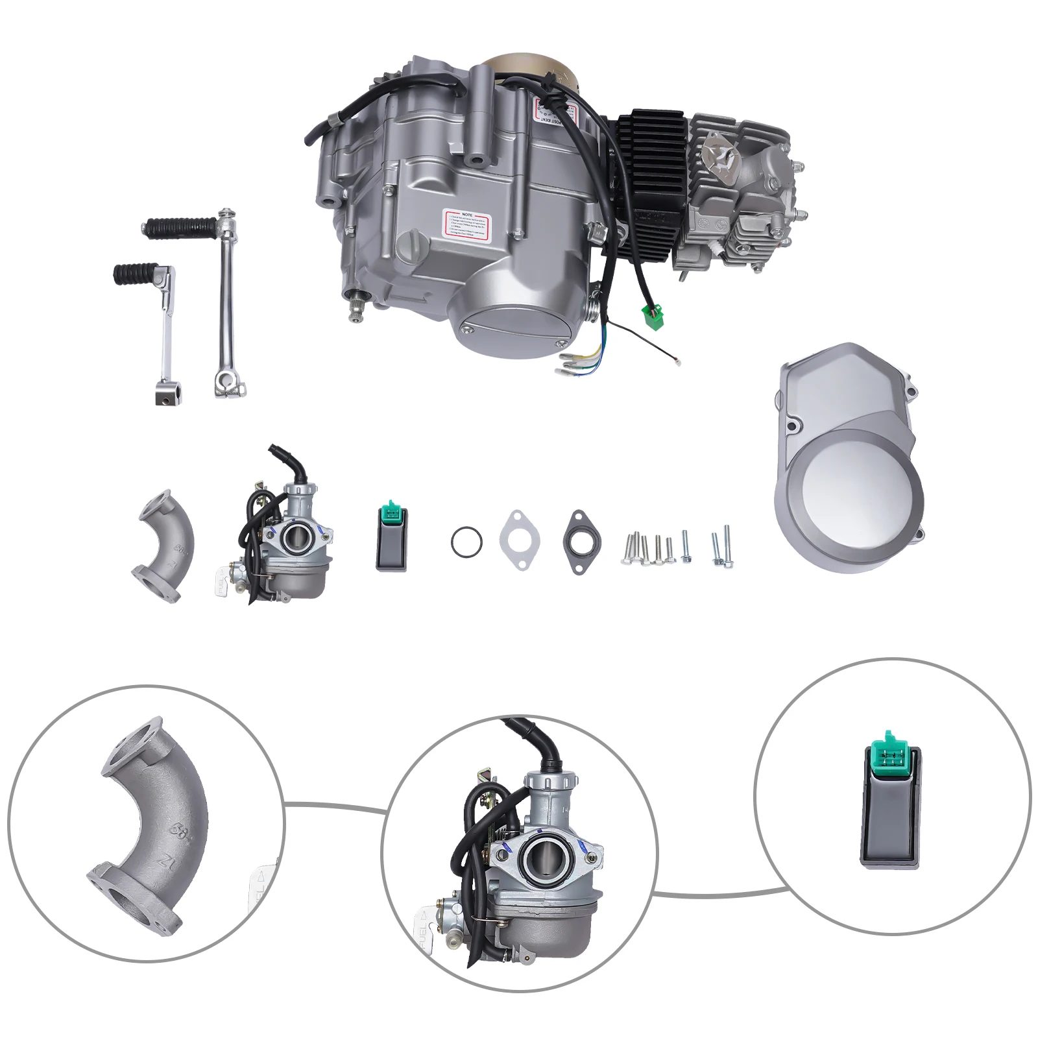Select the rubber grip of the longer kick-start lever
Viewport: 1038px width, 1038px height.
(x=175, y=227)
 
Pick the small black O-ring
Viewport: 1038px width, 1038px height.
(x=466, y=541)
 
